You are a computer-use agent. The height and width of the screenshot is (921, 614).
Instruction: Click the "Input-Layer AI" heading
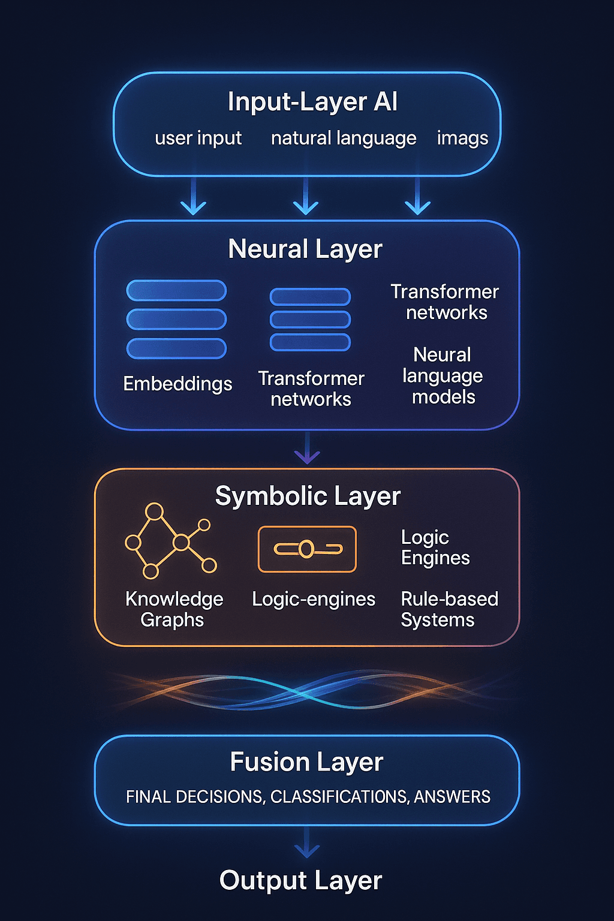(x=312, y=102)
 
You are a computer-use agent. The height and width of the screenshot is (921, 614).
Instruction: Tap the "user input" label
(x=198, y=139)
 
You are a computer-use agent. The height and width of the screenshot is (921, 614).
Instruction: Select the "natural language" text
(x=344, y=139)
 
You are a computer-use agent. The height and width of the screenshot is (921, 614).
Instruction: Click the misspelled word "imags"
(x=462, y=139)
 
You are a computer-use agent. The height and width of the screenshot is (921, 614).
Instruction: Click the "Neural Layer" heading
(x=305, y=249)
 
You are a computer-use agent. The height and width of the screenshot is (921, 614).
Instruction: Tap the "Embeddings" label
(x=177, y=384)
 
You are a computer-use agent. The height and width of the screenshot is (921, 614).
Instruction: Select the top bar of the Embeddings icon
(x=176, y=291)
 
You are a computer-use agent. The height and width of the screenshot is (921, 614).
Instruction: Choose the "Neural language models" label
(x=443, y=376)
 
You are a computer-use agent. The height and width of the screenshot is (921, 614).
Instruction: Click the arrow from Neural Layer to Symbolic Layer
(x=307, y=450)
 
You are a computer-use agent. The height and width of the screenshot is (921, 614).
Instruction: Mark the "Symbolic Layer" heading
(x=308, y=496)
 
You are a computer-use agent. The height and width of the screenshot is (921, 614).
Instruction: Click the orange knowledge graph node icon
(x=170, y=541)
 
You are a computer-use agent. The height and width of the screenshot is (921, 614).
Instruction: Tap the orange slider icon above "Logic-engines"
(x=307, y=549)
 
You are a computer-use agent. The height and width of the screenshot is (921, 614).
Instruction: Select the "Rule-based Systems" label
(x=449, y=609)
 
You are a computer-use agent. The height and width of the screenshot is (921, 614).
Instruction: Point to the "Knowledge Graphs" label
(x=174, y=609)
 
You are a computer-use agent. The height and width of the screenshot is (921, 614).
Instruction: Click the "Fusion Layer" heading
(x=306, y=763)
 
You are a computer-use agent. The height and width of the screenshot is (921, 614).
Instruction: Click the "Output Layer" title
(x=300, y=881)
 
